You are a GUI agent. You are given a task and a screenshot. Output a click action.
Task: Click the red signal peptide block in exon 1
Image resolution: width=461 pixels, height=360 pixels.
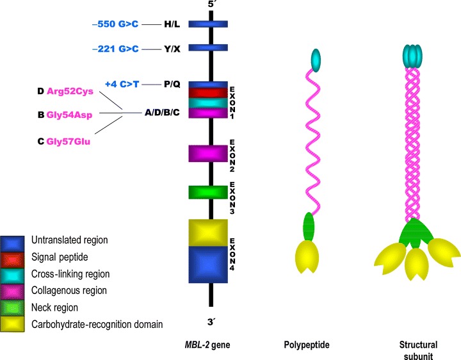208,93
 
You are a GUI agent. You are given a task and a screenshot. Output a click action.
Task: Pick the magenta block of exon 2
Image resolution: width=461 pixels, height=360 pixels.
208,153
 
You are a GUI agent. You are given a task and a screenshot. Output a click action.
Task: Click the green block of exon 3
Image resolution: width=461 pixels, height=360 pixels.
208,192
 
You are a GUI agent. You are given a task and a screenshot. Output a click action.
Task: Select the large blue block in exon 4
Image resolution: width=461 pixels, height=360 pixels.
208,265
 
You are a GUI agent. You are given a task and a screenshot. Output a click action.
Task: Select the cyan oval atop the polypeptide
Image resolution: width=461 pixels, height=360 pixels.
314,59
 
